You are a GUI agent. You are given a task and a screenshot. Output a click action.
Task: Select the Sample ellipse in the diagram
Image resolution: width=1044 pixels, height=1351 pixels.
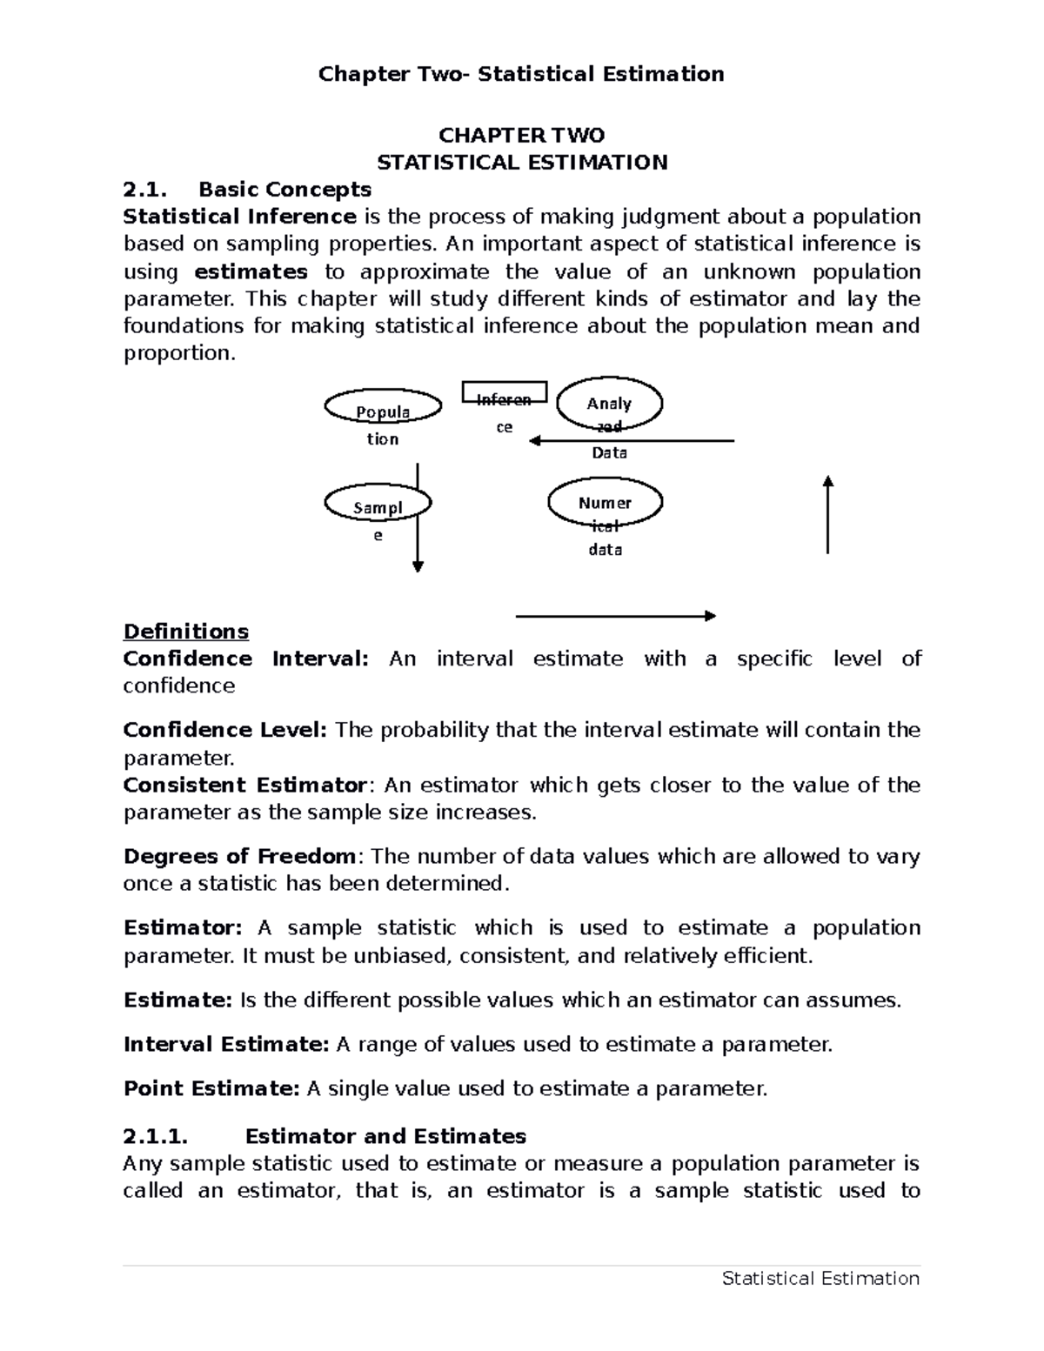378,503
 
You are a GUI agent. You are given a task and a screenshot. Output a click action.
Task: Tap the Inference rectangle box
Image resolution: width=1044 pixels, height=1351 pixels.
504,392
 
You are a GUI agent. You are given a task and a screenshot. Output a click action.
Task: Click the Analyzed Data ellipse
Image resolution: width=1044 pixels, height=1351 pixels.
609,404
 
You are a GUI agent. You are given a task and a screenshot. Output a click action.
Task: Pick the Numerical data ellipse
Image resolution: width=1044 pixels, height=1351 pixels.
605,502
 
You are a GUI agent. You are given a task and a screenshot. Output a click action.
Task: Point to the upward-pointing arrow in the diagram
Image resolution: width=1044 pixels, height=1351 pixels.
827,514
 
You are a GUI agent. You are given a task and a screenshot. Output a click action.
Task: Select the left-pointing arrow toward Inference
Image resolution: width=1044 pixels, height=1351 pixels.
632,441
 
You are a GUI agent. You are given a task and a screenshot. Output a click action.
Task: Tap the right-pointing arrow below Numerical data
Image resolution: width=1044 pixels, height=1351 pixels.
615,616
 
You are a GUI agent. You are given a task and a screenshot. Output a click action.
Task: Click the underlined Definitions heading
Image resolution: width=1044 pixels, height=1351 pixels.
186,631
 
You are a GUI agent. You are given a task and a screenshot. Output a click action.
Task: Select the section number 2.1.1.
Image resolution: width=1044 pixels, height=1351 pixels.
156,1136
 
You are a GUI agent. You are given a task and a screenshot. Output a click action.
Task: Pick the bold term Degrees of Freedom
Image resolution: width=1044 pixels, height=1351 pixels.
239,856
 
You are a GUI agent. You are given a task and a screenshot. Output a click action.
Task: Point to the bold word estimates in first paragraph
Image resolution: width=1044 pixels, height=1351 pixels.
251,271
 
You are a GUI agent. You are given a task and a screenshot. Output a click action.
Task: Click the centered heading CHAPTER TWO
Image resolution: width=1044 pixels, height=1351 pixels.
521,135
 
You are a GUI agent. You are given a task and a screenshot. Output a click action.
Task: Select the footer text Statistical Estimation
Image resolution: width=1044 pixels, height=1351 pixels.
820,1278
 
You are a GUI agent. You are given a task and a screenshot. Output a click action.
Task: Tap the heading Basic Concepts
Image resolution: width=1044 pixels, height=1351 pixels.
284,189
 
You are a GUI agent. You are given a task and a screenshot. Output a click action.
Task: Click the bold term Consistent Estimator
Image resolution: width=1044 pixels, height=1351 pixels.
244,785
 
